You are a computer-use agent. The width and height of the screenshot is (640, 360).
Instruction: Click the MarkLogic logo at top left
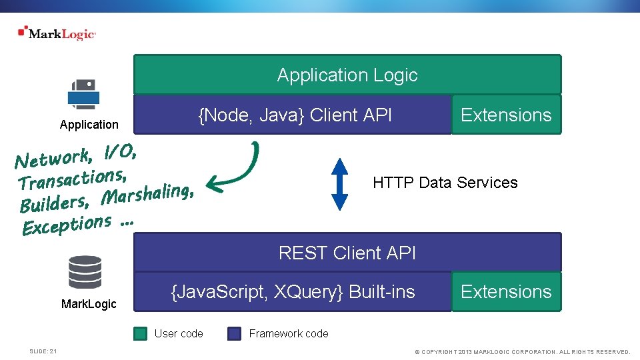pos(57,33)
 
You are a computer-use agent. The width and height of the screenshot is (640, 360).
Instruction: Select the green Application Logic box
pos(347,75)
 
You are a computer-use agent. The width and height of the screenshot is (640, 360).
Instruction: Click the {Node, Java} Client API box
pos(293,115)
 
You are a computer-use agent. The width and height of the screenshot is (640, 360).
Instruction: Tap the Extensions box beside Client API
pos(506,115)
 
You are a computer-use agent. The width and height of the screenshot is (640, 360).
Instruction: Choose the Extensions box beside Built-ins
pos(506,291)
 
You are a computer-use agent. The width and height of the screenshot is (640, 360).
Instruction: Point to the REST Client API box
pos(347,253)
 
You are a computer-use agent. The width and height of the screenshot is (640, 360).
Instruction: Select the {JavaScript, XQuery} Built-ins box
pos(293,291)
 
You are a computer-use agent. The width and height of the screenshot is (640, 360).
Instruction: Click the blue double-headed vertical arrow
pos(340,184)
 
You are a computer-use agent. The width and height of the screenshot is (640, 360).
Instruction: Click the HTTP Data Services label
pos(445,183)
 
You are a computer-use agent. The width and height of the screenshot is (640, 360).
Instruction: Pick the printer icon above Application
pos(83,94)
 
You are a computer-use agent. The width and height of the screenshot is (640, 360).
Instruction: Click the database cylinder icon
pos(85,272)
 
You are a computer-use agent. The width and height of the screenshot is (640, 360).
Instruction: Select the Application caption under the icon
pos(89,125)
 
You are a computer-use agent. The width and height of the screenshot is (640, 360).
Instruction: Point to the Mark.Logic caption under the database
pos(89,304)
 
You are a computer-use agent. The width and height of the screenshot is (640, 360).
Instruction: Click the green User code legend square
pos(140,333)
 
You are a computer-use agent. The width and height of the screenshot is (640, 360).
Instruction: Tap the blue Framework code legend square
pos(234,333)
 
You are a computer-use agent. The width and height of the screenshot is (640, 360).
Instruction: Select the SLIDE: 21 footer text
pos(43,351)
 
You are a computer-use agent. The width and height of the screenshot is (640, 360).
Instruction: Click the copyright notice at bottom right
pos(522,351)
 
